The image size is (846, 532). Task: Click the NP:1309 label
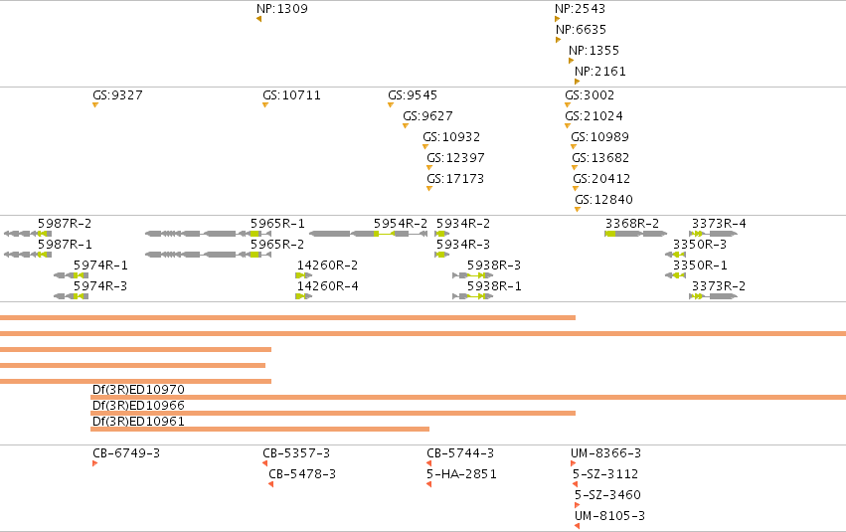pyautogui.click(x=282, y=9)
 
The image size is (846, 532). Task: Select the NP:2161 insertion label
pyautogui.click(x=600, y=72)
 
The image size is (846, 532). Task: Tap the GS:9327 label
pyautogui.click(x=117, y=94)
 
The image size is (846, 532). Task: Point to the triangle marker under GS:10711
pyautogui.click(x=265, y=105)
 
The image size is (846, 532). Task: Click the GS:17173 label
pyautogui.click(x=455, y=179)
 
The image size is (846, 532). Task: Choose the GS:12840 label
pyautogui.click(x=603, y=200)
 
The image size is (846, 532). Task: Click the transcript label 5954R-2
pyautogui.click(x=401, y=224)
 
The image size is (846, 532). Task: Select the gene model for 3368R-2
pyautogui.click(x=635, y=234)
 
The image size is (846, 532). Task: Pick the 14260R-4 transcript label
pyautogui.click(x=327, y=286)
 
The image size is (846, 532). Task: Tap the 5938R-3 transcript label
pyautogui.click(x=494, y=265)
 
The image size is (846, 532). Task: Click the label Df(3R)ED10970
pyautogui.click(x=138, y=390)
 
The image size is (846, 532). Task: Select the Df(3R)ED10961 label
pyautogui.click(x=138, y=422)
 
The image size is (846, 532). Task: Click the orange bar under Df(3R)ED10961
pyautogui.click(x=260, y=429)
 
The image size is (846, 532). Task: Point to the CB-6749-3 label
pyautogui.click(x=126, y=453)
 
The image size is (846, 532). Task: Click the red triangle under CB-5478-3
pyautogui.click(x=270, y=484)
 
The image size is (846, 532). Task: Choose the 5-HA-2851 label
pyautogui.click(x=461, y=474)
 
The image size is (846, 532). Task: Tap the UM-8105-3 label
pyautogui.click(x=609, y=516)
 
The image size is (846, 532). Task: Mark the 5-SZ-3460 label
pyautogui.click(x=607, y=495)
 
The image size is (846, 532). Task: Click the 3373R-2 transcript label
pyautogui.click(x=719, y=286)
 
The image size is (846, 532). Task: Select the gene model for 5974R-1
pyautogui.click(x=71, y=275)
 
